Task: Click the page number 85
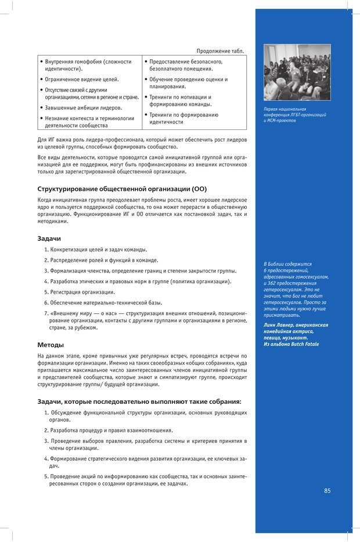click(327, 490)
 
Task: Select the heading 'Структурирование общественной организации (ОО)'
click(122, 189)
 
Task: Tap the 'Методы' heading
click(51, 345)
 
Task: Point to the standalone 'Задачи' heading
click(49, 239)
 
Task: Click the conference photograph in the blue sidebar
click(297, 73)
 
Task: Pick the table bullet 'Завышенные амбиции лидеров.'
click(84, 107)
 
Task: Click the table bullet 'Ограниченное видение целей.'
click(82, 79)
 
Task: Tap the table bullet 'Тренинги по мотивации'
click(180, 97)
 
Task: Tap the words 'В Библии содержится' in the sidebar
click(287, 264)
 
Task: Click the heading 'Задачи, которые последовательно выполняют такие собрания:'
click(139, 402)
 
